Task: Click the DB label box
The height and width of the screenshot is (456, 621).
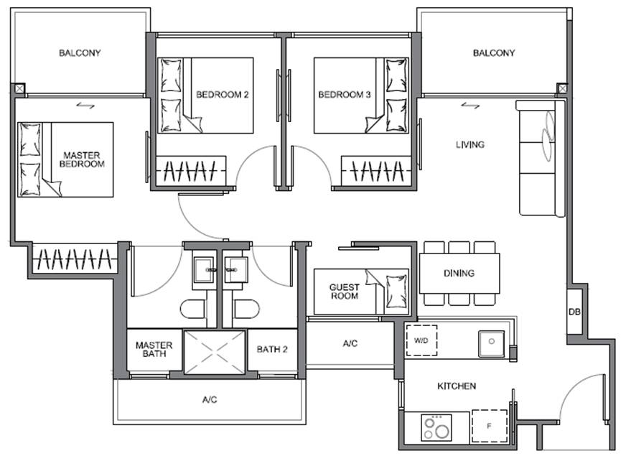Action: tap(574, 312)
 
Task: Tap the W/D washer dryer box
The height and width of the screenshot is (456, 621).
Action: tap(421, 340)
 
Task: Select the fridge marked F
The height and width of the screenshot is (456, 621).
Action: tap(489, 426)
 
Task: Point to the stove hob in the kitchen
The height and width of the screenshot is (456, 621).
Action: tap(436, 427)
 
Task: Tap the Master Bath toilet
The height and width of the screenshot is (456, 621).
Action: tap(193, 309)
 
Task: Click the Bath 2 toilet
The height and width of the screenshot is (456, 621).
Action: tap(247, 309)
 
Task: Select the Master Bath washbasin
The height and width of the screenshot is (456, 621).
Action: tap(204, 270)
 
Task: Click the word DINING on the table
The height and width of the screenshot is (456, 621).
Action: tap(459, 273)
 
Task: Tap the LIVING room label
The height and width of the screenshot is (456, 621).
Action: tap(470, 144)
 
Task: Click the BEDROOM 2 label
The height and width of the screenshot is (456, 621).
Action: tap(222, 95)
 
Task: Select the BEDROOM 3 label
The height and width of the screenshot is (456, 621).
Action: tap(344, 95)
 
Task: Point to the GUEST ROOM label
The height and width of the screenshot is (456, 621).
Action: tap(345, 292)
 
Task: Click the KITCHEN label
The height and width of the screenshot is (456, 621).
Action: tap(457, 386)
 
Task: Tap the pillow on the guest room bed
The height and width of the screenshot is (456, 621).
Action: tap(396, 292)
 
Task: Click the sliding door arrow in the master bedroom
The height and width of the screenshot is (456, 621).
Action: tap(85, 106)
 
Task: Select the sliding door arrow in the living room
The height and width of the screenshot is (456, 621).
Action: tap(470, 106)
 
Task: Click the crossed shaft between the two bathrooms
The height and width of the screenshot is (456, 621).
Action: tap(215, 352)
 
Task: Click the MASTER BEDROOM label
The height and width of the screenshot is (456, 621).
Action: tap(82, 159)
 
